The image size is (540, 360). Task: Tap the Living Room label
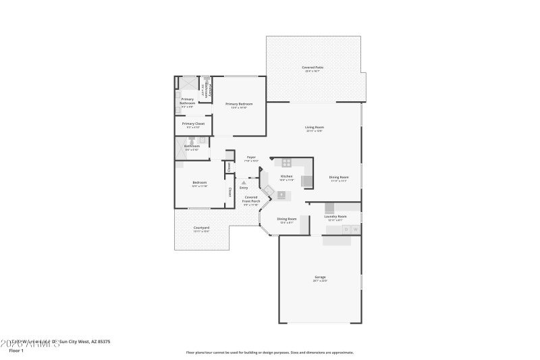[x=315, y=128]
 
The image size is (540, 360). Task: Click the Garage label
[x=319, y=278]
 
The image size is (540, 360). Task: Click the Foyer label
[x=250, y=159]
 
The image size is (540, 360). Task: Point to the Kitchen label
[x=286, y=178]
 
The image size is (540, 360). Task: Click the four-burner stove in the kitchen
[x=287, y=163]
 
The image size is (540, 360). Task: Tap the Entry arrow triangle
[x=244, y=182]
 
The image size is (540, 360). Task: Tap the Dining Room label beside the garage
[x=287, y=220]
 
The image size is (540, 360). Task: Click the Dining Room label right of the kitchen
[x=338, y=178]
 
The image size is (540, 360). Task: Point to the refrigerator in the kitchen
[x=306, y=181]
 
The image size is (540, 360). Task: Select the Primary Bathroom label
[x=188, y=101]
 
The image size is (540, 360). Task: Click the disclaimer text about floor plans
[x=269, y=352]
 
